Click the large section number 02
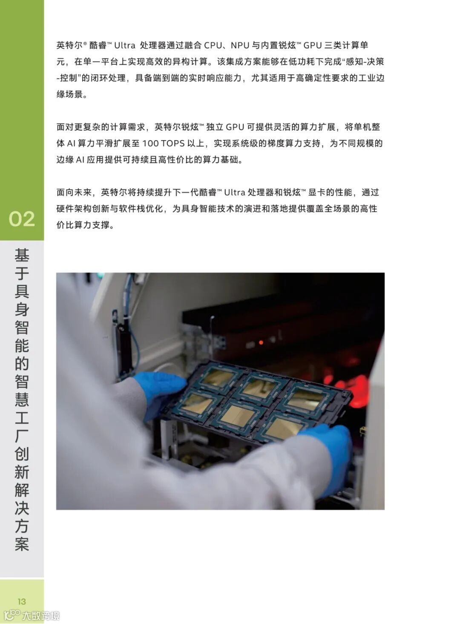coord(22,219)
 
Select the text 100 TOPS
coord(164,144)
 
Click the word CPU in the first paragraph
coord(213,45)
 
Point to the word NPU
coord(240,45)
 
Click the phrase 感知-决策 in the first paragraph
coord(365,62)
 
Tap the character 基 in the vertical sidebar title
coord(22,255)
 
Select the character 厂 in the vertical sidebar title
coord(22,436)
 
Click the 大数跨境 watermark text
coord(41,615)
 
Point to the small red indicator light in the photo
coord(261,342)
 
